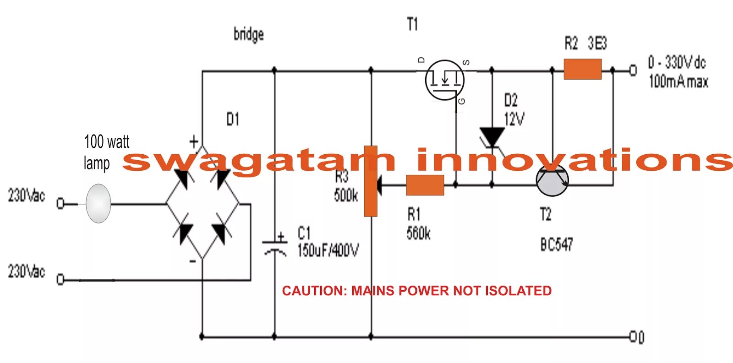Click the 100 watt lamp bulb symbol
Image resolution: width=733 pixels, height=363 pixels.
pos(98,203)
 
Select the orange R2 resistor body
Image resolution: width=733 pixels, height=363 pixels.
pos(582,69)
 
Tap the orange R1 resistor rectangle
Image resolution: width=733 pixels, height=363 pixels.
pos(425,185)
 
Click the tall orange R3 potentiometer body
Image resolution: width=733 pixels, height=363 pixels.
pos(370,181)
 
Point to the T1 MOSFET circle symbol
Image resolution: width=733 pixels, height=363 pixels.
pos(444,80)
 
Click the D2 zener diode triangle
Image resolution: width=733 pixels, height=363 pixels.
pos(492,136)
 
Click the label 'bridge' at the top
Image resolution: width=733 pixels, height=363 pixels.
pos(248,34)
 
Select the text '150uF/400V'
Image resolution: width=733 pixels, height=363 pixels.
pos(328,250)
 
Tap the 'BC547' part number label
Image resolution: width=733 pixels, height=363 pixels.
pos(556,245)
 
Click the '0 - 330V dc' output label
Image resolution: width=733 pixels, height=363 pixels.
pos(677,62)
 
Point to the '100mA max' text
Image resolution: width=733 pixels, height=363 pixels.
pos(678,82)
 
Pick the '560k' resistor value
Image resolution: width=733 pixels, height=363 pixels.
pos(418,233)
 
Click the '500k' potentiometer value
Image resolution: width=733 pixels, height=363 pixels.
pos(346,195)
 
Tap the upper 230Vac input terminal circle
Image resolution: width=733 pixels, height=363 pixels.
pos(60,203)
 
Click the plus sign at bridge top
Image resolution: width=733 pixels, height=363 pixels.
pos(194,141)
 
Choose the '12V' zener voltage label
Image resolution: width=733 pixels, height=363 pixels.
pos(514,119)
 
